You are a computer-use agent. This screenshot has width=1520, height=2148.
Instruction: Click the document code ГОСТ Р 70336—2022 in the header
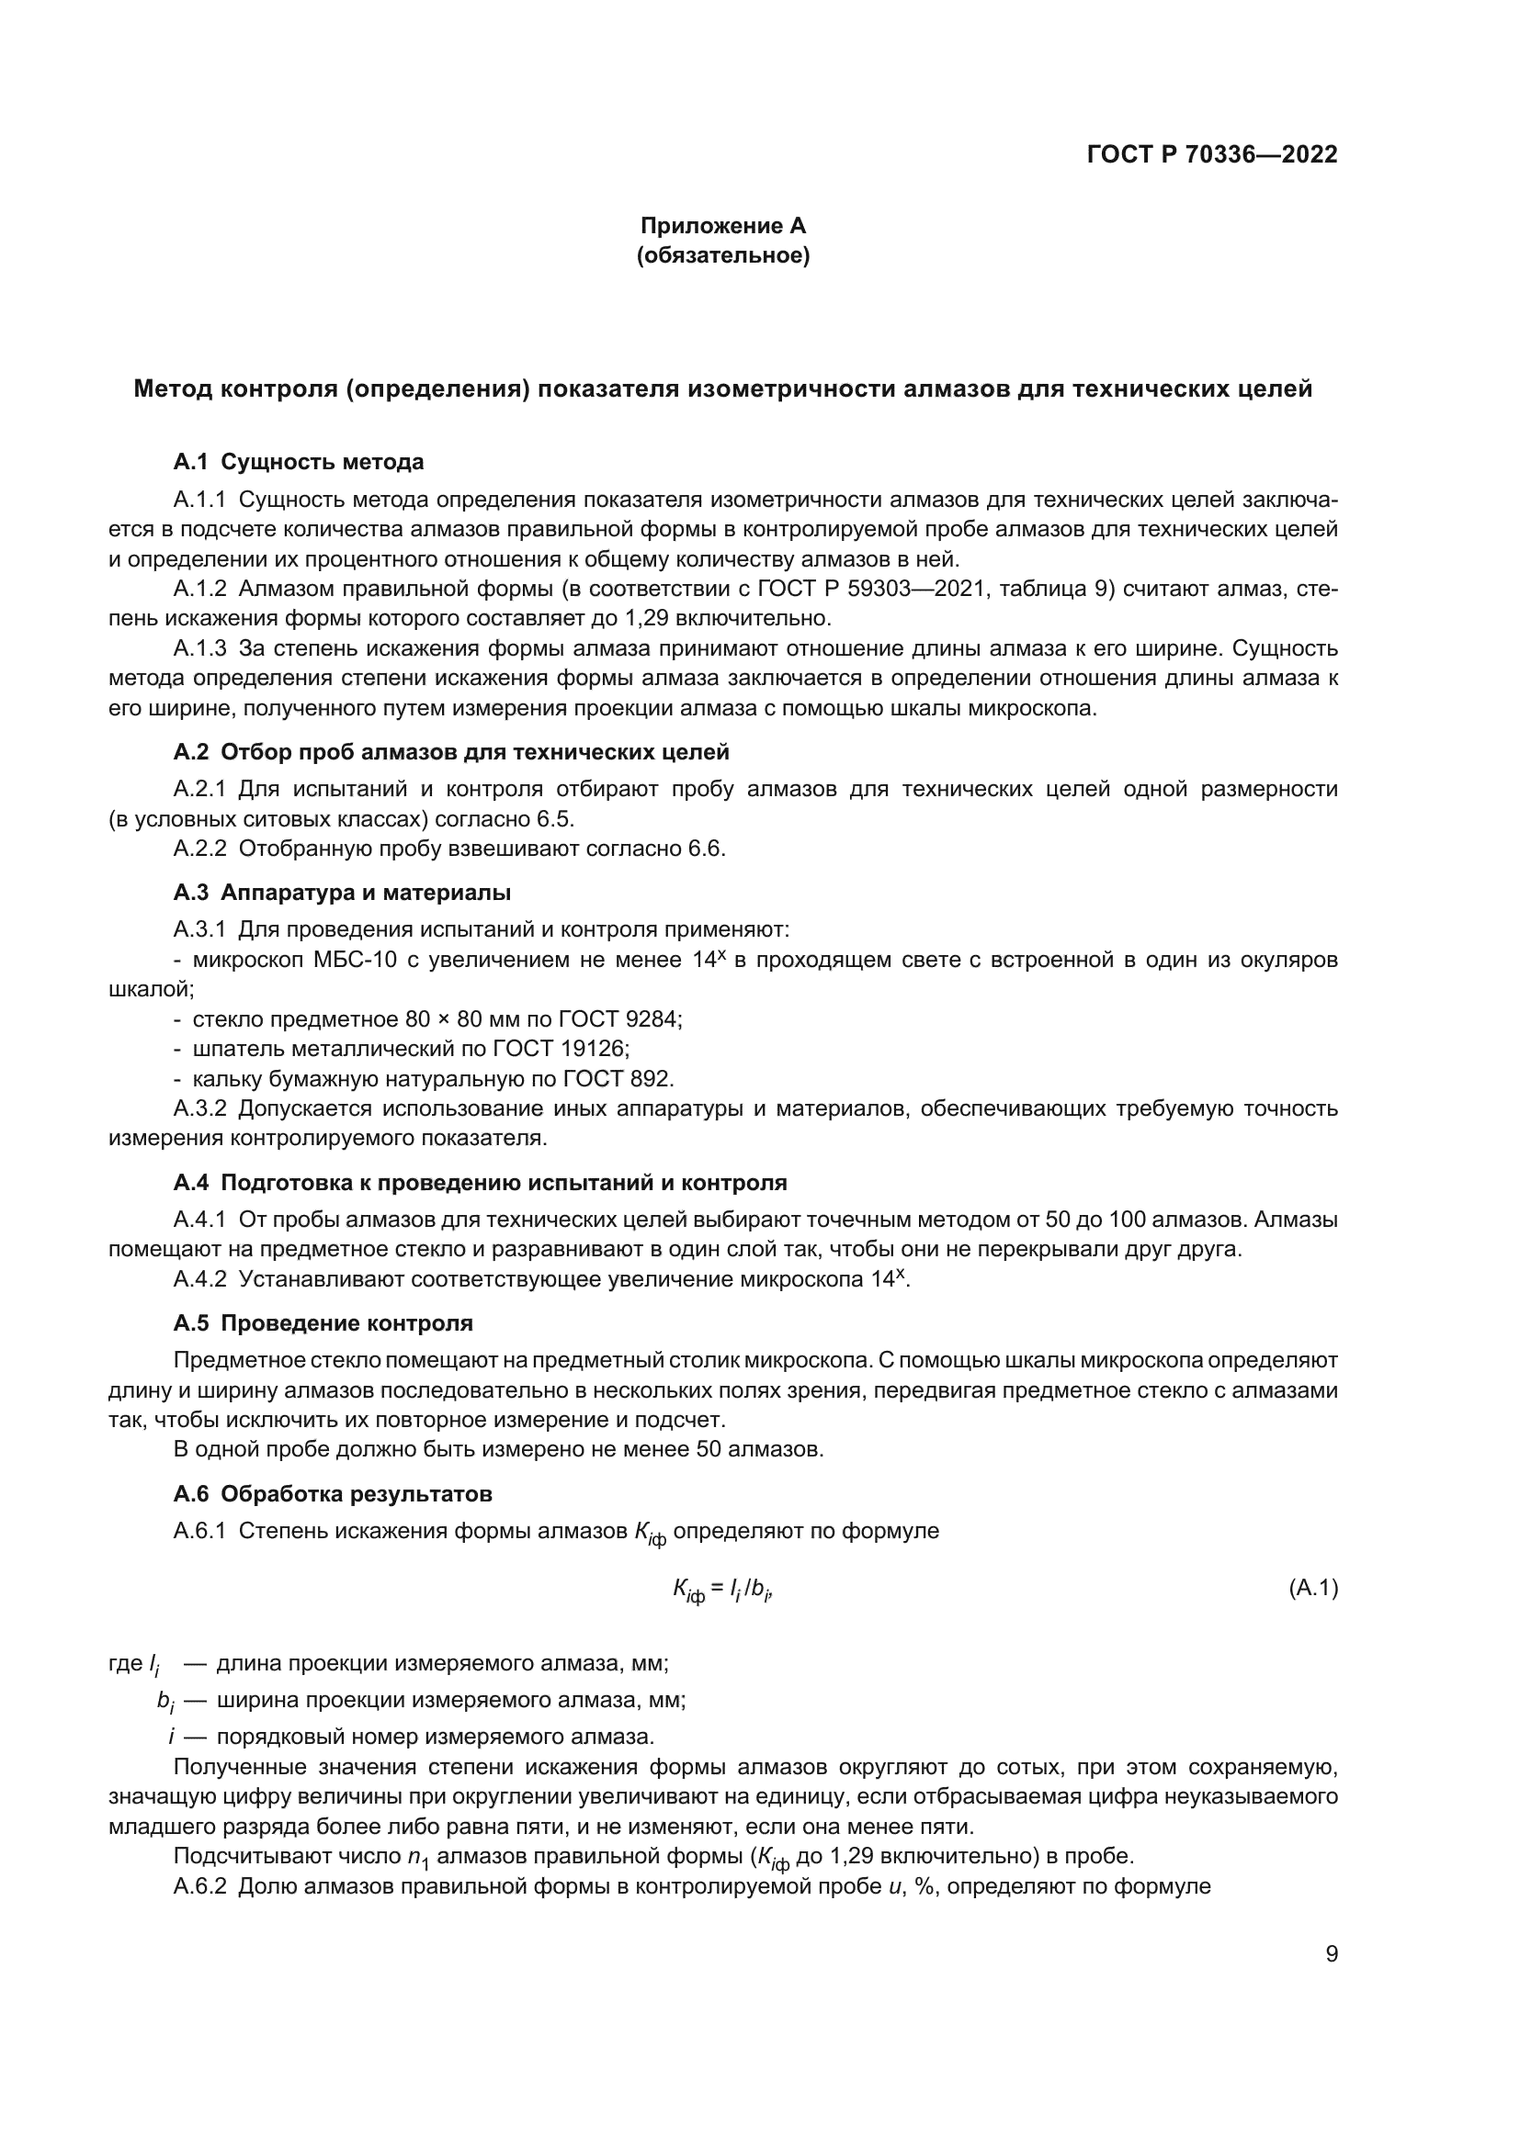point(1212,154)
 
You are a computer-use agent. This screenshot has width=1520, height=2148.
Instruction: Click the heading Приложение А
point(722,226)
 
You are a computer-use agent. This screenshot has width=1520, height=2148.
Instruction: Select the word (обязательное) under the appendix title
point(722,255)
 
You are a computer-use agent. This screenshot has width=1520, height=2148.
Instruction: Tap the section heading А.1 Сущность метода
point(298,461)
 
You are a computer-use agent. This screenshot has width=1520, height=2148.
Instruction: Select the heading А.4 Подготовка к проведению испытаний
point(479,1182)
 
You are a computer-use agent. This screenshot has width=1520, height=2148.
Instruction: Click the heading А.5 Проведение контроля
point(323,1322)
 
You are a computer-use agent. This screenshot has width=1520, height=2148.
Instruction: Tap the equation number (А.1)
point(1312,1588)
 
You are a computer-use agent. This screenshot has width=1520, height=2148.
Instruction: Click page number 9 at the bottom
point(1331,1953)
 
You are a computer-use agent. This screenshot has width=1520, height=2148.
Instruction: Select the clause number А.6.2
point(199,1885)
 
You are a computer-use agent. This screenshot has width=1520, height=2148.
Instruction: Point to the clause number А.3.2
point(199,1108)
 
